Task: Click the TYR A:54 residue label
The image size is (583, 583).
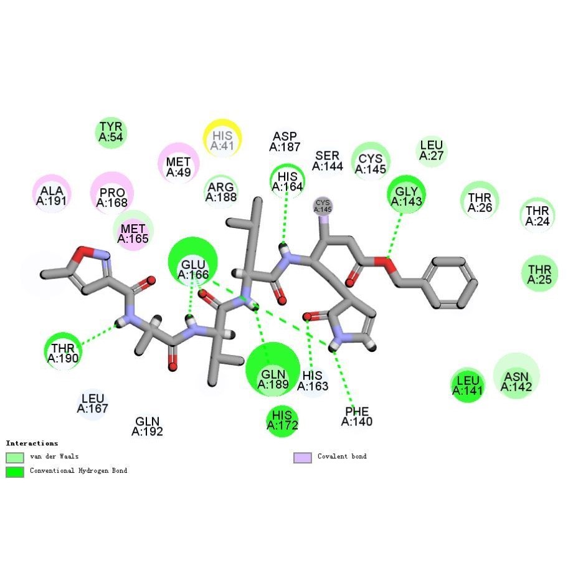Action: (x=111, y=131)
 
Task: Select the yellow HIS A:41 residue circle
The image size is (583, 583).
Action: (x=222, y=138)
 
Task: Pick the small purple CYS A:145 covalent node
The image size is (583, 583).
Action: (x=323, y=206)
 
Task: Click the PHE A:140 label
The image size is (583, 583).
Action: (x=357, y=416)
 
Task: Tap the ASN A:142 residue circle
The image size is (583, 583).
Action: (x=516, y=376)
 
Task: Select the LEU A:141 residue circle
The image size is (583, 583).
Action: (x=467, y=384)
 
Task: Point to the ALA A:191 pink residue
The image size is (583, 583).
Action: (x=52, y=195)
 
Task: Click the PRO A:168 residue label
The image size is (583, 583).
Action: (x=112, y=197)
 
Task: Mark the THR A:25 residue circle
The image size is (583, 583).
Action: (x=539, y=274)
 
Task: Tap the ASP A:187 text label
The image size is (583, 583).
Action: (x=285, y=142)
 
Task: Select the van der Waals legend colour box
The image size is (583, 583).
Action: (x=14, y=458)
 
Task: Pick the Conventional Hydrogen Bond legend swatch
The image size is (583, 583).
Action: (x=14, y=472)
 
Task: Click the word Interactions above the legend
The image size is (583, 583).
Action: (x=32, y=443)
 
